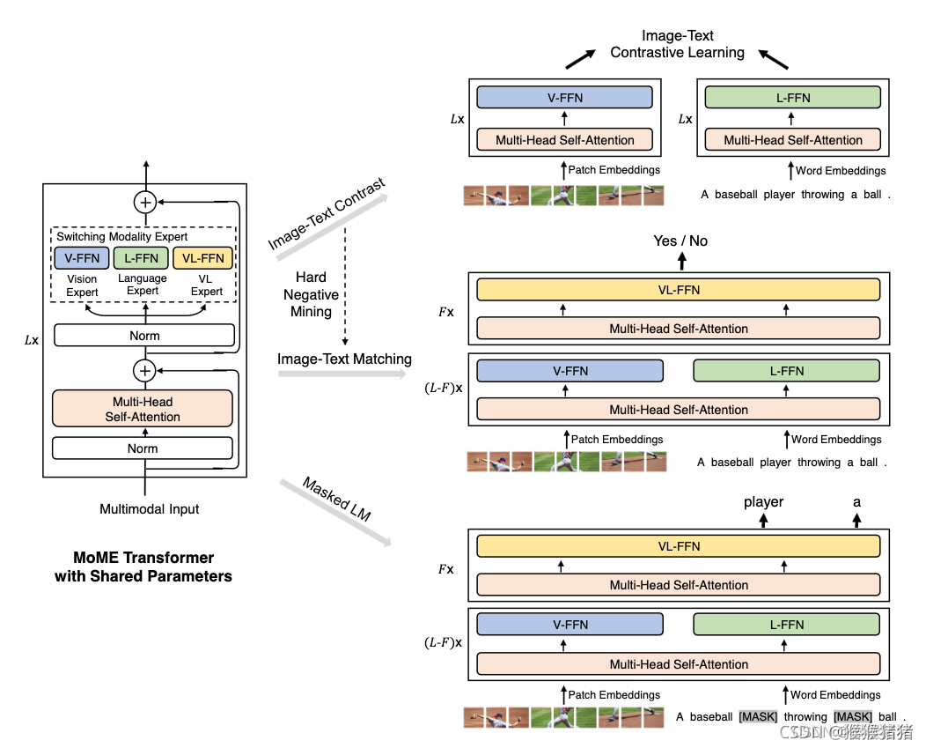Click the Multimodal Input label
(x=150, y=508)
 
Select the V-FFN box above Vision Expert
(x=82, y=258)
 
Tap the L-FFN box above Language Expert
(x=142, y=258)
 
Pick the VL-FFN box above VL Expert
(x=203, y=258)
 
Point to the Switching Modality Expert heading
(x=122, y=236)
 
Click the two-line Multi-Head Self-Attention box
(x=143, y=410)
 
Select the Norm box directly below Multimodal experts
(x=144, y=336)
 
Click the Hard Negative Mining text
(x=312, y=294)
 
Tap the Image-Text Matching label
(x=344, y=359)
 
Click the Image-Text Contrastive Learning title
(x=678, y=44)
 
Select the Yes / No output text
(x=680, y=241)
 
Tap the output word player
(x=763, y=501)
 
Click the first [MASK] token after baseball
(x=758, y=716)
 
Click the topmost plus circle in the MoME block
(x=145, y=203)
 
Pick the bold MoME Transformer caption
(x=143, y=567)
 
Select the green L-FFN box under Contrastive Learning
(x=793, y=98)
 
